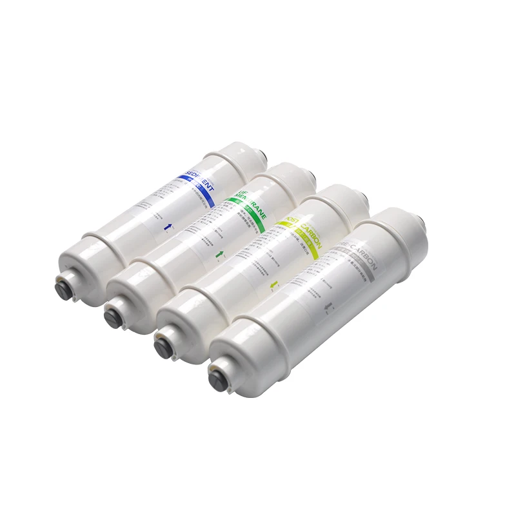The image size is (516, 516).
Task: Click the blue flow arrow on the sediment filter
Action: point(170,225)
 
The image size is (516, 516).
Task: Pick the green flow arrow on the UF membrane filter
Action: point(221,256)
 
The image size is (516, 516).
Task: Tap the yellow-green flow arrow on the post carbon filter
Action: point(272,284)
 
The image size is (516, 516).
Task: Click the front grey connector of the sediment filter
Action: point(62,282)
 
